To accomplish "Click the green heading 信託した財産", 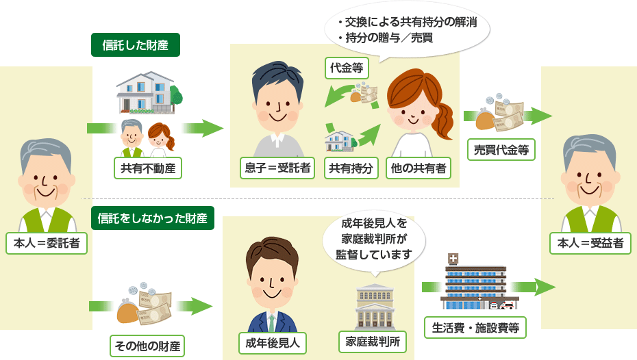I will coord(136,45).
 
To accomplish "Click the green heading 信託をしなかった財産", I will coord(152,218).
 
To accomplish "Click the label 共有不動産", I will coord(149,168).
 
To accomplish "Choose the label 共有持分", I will coord(351,168).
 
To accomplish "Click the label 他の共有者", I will coord(419,168).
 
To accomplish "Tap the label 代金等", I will coord(347,67).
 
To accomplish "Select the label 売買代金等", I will coord(501,150).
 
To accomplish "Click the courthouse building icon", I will coord(374,306).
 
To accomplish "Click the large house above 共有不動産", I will coord(145,92).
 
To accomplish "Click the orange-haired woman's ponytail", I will coord(445,120).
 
